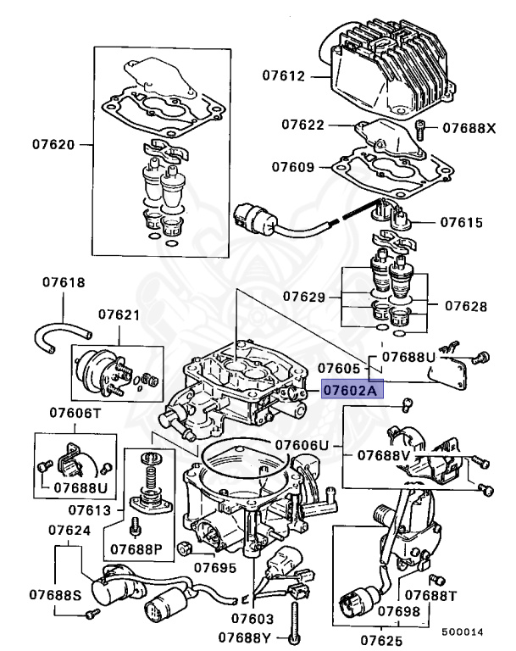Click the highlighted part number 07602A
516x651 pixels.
352,390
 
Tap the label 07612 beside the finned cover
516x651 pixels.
284,76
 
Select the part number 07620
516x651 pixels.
53,144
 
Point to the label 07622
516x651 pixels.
302,125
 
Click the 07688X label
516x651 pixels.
469,128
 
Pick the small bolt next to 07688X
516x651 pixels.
420,129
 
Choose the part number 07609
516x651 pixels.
293,167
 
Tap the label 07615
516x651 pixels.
462,223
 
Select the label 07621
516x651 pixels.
119,314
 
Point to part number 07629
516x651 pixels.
304,297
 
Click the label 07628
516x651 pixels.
466,306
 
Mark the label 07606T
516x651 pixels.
75,413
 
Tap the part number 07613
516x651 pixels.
90,510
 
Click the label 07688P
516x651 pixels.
136,549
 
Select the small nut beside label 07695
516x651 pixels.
183,549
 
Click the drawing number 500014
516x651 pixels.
463,632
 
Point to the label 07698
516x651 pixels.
399,611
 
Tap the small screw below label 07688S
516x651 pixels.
93,613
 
